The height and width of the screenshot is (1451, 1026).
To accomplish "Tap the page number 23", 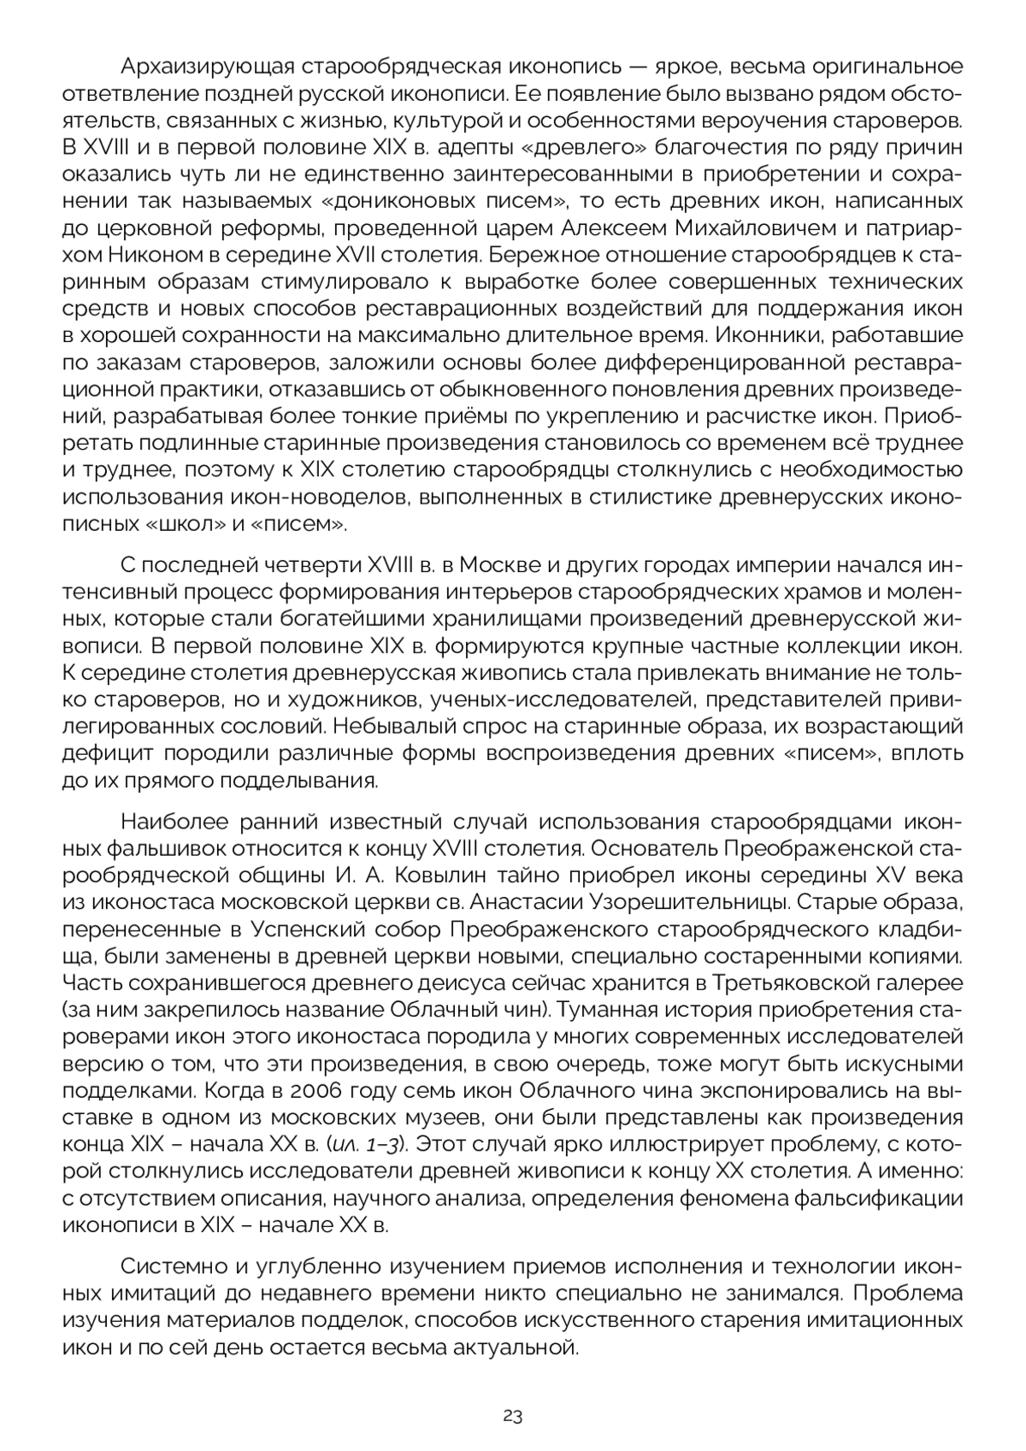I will coord(513,1416).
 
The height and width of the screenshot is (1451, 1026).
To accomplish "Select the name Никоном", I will coord(150,255).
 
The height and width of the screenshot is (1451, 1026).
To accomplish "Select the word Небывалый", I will coord(386,727).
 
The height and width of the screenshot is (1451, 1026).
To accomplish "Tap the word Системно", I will coord(175,1266).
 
